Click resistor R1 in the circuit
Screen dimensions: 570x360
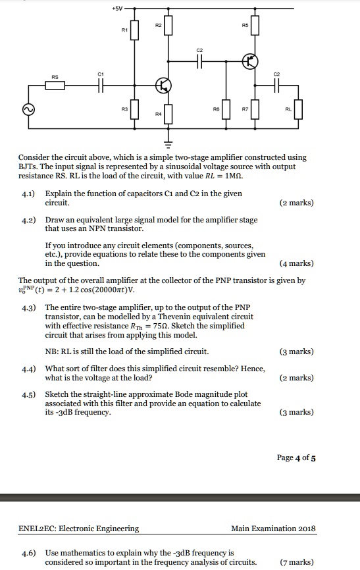tap(135, 29)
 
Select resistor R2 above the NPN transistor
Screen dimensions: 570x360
tap(168, 26)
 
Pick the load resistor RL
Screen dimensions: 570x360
tap(299, 109)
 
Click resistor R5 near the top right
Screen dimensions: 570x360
tap(255, 26)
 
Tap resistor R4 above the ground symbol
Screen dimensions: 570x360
tap(168, 113)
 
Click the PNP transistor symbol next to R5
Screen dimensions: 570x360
tap(249, 62)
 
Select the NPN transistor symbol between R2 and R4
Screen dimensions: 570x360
tap(163, 86)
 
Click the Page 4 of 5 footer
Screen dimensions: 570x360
tap(296, 459)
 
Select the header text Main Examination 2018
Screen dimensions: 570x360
tap(273, 528)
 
